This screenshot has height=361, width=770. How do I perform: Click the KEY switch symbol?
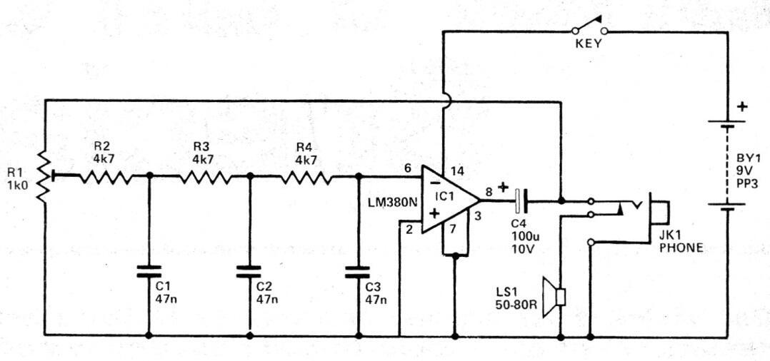click(x=589, y=27)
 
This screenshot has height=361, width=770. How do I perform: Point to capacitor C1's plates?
click(x=149, y=271)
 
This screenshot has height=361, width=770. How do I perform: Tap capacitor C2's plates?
click(x=249, y=271)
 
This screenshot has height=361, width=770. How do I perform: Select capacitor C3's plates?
click(x=357, y=271)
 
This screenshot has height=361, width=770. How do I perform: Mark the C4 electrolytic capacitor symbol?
click(x=521, y=200)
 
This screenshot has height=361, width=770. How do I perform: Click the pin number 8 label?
click(x=489, y=192)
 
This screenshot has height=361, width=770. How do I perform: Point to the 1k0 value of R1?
click(x=18, y=185)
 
